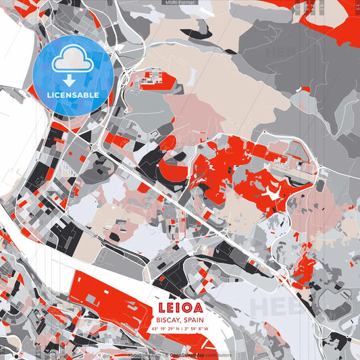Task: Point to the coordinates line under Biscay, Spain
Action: click(181, 330)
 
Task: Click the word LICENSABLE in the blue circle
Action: click(73, 95)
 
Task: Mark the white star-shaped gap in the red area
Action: click(272, 195)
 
